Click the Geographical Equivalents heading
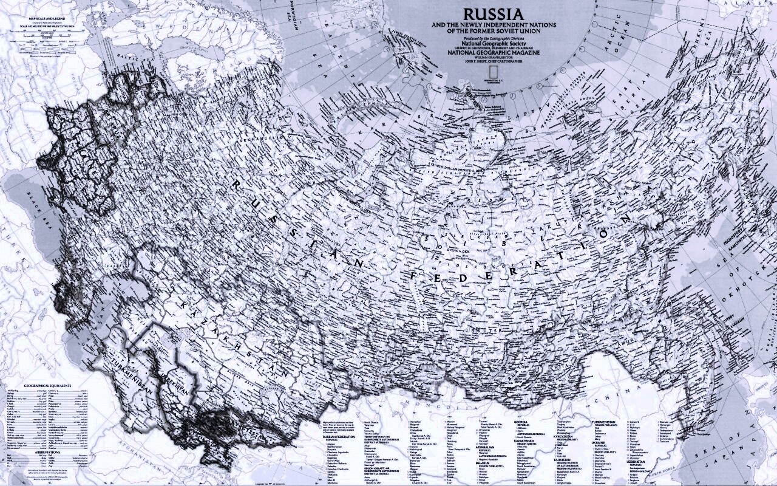[x=47, y=386]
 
